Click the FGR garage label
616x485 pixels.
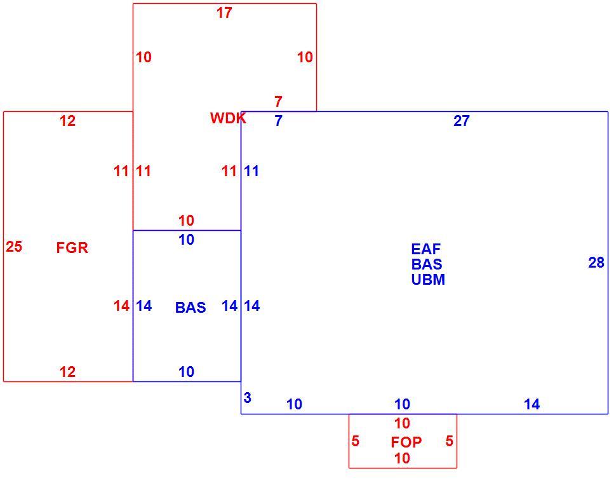[72, 248]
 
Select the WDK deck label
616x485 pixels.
[228, 118]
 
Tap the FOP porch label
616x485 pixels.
[406, 442]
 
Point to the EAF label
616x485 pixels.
[426, 249]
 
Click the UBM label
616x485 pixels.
[428, 280]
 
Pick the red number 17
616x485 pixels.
[224, 13]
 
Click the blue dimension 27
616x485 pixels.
[462, 121]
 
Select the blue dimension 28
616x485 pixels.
[596, 263]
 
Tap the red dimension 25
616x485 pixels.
[14, 247]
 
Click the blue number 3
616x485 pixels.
[247, 398]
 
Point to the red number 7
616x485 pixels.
[278, 102]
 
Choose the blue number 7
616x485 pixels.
[278, 121]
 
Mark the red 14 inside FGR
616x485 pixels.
[121, 306]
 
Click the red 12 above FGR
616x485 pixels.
[67, 121]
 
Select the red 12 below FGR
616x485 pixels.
[67, 372]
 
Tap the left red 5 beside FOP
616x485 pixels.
[355, 441]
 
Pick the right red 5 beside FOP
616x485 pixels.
[450, 441]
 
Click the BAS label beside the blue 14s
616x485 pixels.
[191, 308]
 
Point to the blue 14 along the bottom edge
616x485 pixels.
[532, 404]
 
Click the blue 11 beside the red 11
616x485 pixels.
[251, 171]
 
